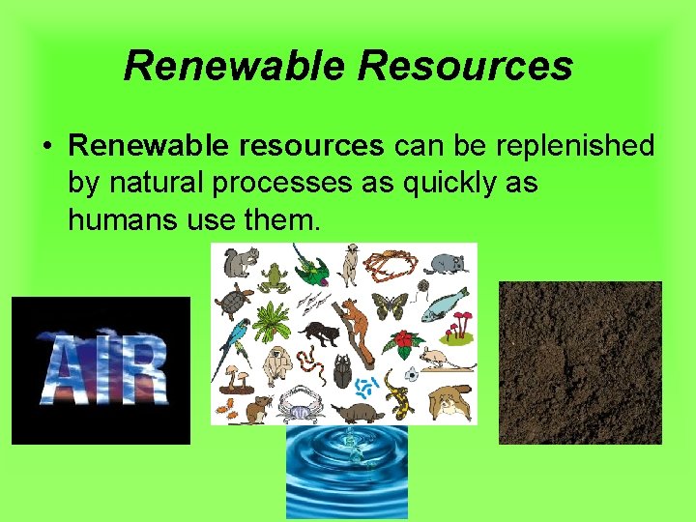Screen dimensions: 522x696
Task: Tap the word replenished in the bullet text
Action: pos(573,146)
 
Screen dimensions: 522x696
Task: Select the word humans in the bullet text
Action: pos(120,220)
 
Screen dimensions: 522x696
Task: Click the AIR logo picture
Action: pos(101,370)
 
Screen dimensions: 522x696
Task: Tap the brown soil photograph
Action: pos(580,362)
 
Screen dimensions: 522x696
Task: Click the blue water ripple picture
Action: pos(346,472)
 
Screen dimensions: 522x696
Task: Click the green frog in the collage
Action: pos(275,276)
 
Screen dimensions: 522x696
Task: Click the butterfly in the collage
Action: pos(390,305)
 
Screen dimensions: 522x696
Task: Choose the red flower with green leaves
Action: pos(403,342)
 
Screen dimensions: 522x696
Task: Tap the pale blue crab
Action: pos(298,404)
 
